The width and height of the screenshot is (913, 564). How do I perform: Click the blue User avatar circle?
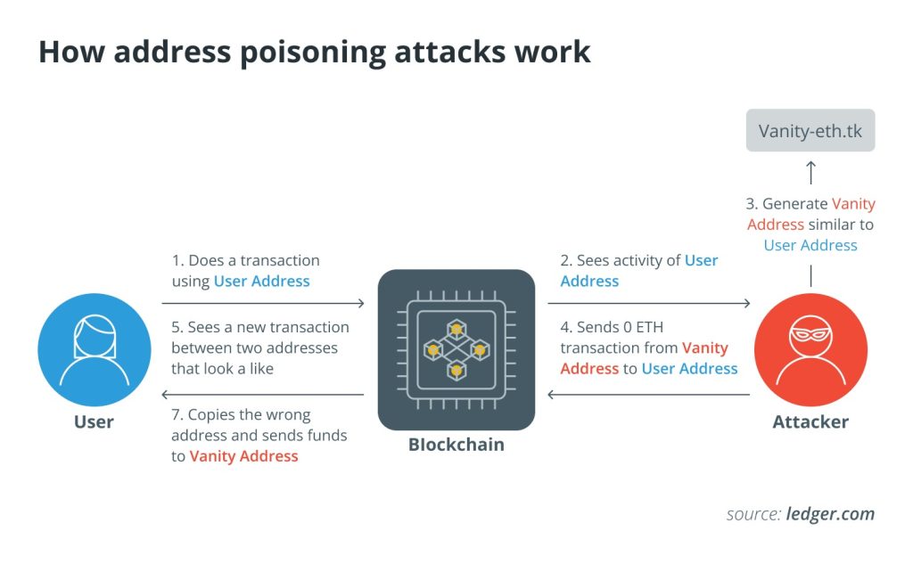[94, 349]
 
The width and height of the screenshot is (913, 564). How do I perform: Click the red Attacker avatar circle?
[810, 349]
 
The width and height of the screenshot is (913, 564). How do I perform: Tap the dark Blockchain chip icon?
[456, 349]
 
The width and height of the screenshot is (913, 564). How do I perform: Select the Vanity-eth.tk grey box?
[810, 131]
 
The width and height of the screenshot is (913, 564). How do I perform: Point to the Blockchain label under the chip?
[456, 444]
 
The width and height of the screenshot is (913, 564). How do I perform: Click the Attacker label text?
[810, 421]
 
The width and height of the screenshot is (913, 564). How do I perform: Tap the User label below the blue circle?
[94, 421]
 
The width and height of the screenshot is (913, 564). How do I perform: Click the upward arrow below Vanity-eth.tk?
[810, 170]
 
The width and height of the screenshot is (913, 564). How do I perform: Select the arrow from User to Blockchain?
[264, 303]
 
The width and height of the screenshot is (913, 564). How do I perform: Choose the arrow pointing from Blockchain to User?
[264, 395]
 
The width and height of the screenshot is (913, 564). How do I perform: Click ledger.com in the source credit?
[830, 514]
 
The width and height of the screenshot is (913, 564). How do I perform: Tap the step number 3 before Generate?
[751, 204]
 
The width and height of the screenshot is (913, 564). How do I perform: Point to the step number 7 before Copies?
[176, 415]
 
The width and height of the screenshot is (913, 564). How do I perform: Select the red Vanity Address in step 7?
[243, 456]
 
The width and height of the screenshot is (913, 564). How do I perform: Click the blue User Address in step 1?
[261, 282]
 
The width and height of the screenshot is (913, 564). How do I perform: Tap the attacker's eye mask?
[810, 338]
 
